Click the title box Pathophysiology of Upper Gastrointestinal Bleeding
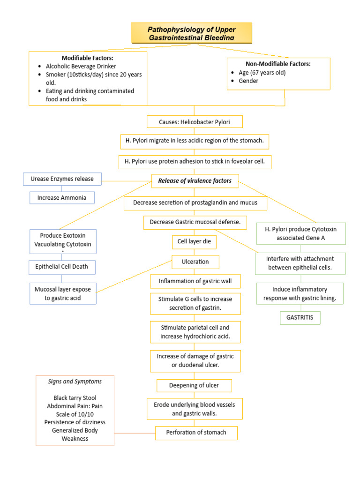(192, 33)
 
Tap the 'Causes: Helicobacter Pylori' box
(195, 122)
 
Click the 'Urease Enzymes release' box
(62, 179)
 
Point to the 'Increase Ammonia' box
(62, 198)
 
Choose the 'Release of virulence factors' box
(195, 180)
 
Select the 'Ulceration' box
(195, 262)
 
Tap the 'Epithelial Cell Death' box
(62, 267)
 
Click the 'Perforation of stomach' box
(196, 432)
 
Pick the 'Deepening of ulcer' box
(194, 385)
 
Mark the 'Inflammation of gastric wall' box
(195, 281)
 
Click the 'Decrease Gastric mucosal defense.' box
(195, 222)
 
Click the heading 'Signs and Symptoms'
(75, 381)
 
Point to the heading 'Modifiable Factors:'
(88, 58)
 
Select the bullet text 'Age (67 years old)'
(262, 73)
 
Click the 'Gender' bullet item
(248, 81)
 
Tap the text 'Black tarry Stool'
(75, 398)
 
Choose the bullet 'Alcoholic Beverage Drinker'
(81, 66)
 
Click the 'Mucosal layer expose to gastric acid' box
(63, 293)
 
